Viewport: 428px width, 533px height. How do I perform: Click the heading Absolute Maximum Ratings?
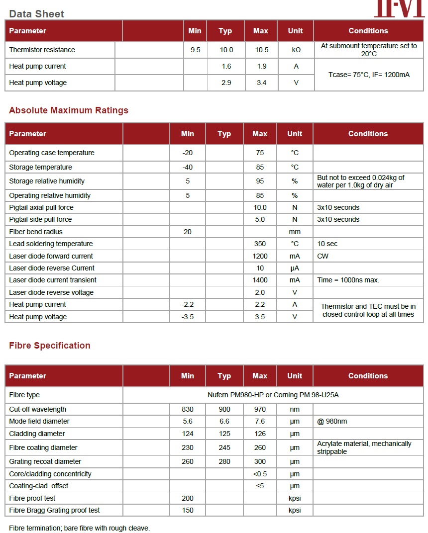pos(69,110)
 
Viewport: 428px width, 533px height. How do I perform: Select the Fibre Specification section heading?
pos(50,346)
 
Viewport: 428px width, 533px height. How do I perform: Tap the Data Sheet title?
pos(37,14)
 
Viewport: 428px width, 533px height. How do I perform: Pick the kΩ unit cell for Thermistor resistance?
pos(296,50)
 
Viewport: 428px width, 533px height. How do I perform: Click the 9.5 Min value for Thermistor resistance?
pos(196,50)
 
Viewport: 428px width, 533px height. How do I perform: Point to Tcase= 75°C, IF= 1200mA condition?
pos(369,75)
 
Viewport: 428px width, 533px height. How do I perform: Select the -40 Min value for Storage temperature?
pos(188,167)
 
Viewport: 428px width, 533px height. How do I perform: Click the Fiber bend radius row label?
pos(36,232)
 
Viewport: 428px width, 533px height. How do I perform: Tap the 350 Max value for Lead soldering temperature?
pos(260,244)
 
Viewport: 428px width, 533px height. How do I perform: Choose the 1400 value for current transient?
pos(260,280)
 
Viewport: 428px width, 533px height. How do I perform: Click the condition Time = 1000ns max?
pos(348,280)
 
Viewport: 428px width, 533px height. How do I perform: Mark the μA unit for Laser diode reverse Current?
pos(295,268)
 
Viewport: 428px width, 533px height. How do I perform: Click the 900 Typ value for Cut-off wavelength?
pos(224,409)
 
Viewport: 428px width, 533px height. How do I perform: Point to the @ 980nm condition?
pos(332,421)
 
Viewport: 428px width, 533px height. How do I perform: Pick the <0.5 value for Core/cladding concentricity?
pos(260,474)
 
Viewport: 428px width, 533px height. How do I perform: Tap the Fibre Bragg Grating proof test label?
pos(55,510)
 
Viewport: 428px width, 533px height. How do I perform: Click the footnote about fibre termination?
pos(80,528)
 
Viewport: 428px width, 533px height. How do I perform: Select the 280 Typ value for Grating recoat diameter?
pos(224,461)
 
